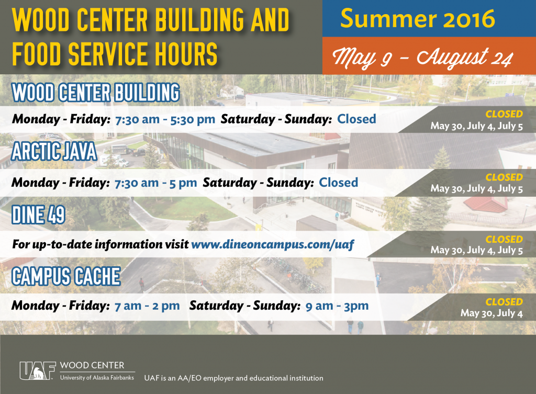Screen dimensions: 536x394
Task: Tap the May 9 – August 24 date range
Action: pyautogui.click(x=423, y=58)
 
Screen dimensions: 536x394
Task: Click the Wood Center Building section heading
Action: pyautogui.click(x=96, y=92)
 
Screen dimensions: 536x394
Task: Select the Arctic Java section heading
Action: pyautogui.click(x=54, y=151)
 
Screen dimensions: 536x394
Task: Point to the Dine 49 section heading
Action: pyautogui.click(x=38, y=215)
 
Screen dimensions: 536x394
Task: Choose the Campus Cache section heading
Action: pyautogui.click(x=66, y=276)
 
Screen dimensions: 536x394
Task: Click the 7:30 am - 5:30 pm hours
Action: pyautogui.click(x=165, y=119)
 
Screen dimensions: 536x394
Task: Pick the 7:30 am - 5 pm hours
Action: pyautogui.click(x=156, y=183)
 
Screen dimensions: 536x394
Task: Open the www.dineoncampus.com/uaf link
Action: pyautogui.click(x=272, y=244)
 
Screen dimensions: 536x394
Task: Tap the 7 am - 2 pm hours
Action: pyautogui.click(x=147, y=306)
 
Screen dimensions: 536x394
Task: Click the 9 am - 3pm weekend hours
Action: pyautogui.click(x=337, y=306)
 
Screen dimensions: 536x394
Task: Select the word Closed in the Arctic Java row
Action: pyautogui.click(x=339, y=183)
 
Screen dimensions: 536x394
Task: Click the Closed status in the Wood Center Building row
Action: pyautogui.click(x=356, y=119)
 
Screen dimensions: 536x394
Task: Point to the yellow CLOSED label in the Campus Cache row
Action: pyautogui.click(x=504, y=302)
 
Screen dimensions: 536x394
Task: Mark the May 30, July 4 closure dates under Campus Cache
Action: pyautogui.click(x=492, y=313)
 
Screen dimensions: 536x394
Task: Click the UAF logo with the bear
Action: pyautogui.click(x=38, y=371)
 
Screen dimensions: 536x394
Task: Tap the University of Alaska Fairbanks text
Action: pyautogui.click(x=97, y=378)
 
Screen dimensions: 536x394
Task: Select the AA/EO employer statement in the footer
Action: pyautogui.click(x=234, y=378)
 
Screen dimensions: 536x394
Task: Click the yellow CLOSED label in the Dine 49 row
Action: pyautogui.click(x=504, y=239)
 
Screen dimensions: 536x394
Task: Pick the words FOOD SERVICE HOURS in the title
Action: pyautogui.click(x=115, y=54)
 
